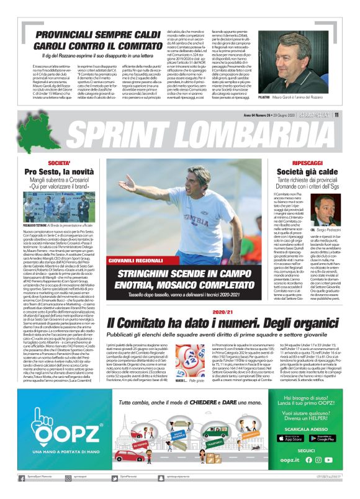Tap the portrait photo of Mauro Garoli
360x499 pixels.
[292, 56]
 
